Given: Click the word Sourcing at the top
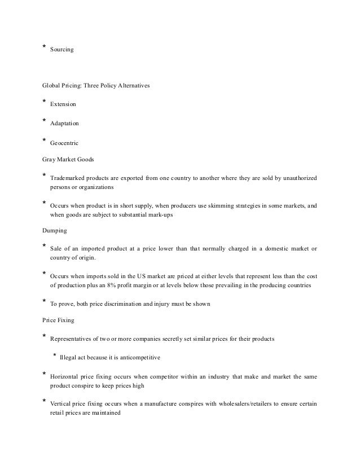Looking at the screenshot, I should pyautogui.click(x=62, y=50).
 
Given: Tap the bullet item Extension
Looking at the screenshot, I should pyautogui.click(x=63, y=105).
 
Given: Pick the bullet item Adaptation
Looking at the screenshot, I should pyautogui.click(x=65, y=124).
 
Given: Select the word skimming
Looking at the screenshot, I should pyautogui.click(x=218, y=206).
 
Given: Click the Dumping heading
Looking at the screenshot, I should pyautogui.click(x=55, y=231).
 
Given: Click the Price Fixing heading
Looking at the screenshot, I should pyautogui.click(x=59, y=319).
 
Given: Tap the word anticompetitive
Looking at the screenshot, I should pyautogui.click(x=139, y=357).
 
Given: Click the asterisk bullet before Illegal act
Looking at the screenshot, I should pyautogui.click(x=54, y=355).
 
